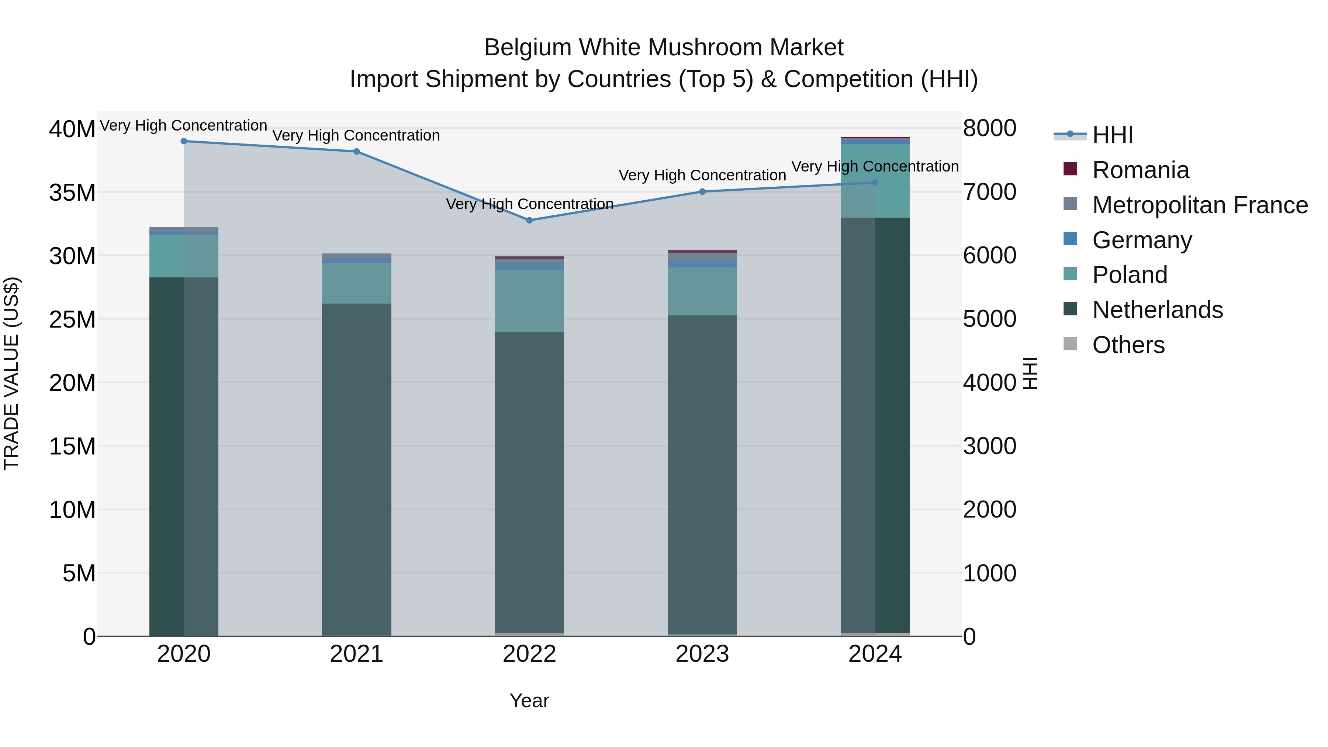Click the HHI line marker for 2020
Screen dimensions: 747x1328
(x=184, y=141)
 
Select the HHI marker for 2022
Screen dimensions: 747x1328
(x=529, y=220)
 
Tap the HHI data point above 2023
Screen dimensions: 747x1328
(x=702, y=192)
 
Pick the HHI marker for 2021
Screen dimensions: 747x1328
(x=356, y=152)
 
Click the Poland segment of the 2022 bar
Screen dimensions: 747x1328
(x=529, y=301)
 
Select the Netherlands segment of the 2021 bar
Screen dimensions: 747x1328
(x=356, y=469)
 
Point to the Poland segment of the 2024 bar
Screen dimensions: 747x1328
(x=875, y=180)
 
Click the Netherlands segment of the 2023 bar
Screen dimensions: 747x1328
(x=702, y=474)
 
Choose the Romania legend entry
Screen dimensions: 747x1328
(x=1140, y=170)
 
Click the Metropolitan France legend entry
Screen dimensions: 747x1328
(x=1200, y=205)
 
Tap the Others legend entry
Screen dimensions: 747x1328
(x=1128, y=345)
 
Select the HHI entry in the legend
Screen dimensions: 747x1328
(x=1113, y=135)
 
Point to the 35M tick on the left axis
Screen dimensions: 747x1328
(x=72, y=192)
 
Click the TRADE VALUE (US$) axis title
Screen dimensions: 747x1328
(x=11, y=373)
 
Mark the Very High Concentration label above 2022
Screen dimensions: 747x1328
(x=529, y=204)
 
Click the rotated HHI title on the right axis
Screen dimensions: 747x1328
(x=1030, y=373)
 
